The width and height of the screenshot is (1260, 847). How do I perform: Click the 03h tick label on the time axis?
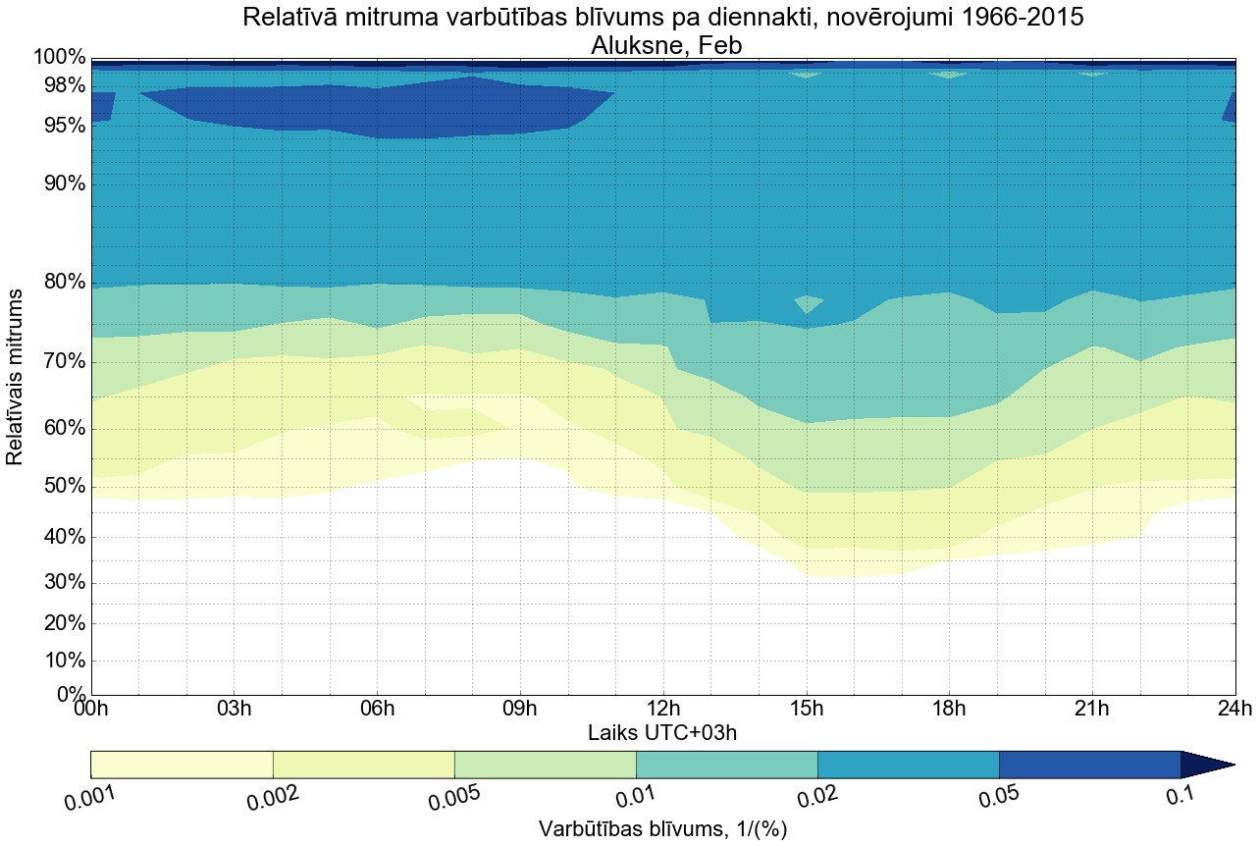click(x=234, y=709)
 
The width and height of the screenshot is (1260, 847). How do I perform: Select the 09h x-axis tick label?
click(x=520, y=709)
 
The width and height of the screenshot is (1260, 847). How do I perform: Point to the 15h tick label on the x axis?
click(x=807, y=709)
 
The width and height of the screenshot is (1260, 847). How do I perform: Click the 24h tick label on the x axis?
click(x=1234, y=709)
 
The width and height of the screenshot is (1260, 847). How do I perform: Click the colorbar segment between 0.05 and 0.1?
click(x=1089, y=765)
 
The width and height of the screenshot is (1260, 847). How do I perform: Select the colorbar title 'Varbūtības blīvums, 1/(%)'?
click(x=663, y=829)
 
